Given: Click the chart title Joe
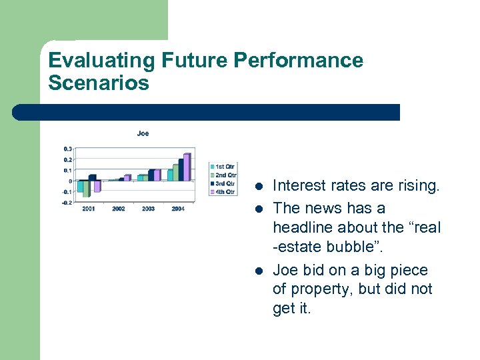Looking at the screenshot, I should tap(143, 133).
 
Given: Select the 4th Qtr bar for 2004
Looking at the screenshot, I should tap(187, 167).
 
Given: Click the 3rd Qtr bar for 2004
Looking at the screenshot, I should tap(181, 170).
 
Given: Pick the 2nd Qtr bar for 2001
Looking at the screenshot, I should tap(86, 189).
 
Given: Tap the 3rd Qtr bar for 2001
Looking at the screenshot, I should tap(92, 178).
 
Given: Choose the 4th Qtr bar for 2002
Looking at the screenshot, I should tap(127, 178).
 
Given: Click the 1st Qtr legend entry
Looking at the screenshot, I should tap(223, 166).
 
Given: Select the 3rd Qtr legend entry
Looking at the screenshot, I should tap(223, 183).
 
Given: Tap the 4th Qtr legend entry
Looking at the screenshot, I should tap(223, 191).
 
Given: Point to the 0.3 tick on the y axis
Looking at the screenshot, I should tap(68, 149).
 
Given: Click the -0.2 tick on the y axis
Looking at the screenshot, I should tap(67, 203).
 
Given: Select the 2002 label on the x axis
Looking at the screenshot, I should tap(118, 209).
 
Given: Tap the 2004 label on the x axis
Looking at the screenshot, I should tap(178, 209).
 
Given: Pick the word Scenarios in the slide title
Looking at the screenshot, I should tap(99, 83).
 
